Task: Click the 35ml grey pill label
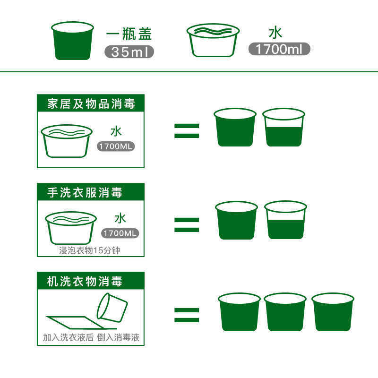point(129,51)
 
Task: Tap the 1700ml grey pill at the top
point(279,49)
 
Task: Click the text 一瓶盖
point(129,34)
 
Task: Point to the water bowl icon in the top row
point(212,40)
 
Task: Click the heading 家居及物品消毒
point(91,103)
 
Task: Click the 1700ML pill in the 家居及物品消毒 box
point(116,146)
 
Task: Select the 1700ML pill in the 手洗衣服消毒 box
point(120,233)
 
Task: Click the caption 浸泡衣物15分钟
point(90,250)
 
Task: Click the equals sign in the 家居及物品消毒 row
point(187,131)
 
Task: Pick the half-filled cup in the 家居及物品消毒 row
point(283,128)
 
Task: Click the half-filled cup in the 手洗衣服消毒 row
point(285,220)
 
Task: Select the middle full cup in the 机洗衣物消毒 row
point(285,312)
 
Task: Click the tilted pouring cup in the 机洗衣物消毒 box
point(112,308)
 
